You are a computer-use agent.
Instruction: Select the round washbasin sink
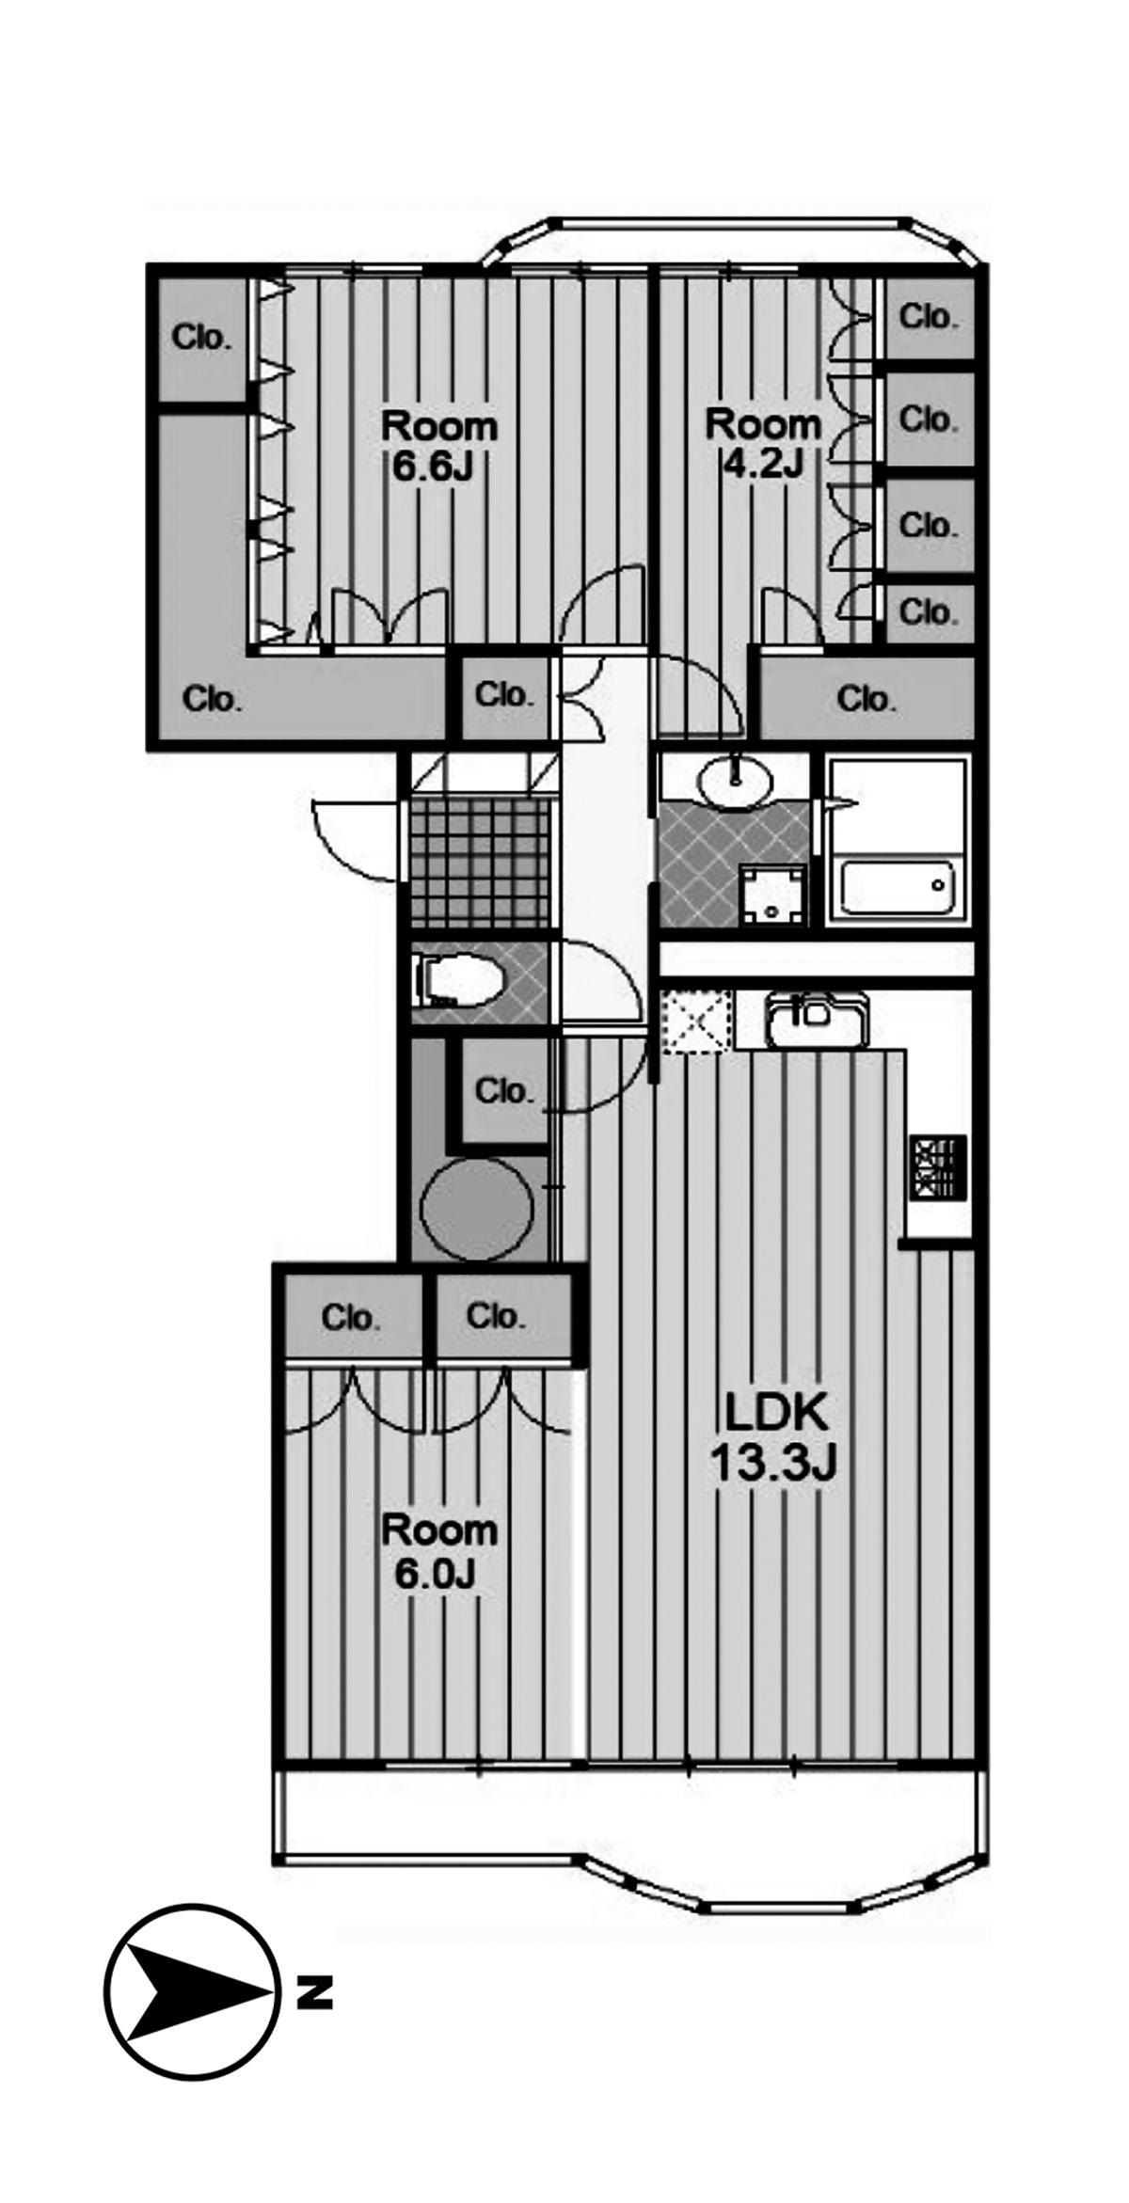pos(735,780)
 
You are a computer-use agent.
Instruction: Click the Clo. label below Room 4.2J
pos(866,700)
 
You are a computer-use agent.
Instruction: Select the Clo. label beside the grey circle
pos(503,1093)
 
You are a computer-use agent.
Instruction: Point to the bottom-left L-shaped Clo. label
pos(212,700)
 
